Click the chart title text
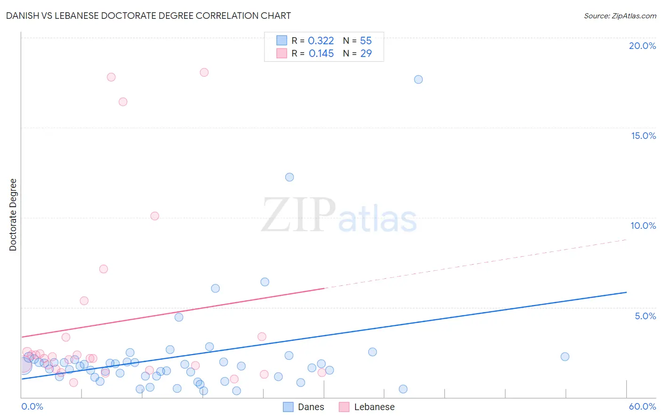(x=148, y=16)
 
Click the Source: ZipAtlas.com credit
(x=620, y=16)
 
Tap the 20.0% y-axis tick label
(x=642, y=46)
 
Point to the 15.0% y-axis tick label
(x=643, y=136)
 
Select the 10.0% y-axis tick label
(x=643, y=226)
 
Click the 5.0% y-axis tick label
(x=645, y=316)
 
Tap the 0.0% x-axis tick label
(x=32, y=406)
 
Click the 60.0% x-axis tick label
(x=642, y=406)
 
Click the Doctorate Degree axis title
(x=13, y=215)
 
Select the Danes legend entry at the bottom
(x=311, y=407)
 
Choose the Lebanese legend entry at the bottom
(x=374, y=407)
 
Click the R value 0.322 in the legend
(x=321, y=41)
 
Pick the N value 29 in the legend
(x=366, y=54)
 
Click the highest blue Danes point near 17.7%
(x=418, y=80)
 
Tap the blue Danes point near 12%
(x=290, y=177)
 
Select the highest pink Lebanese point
(x=204, y=73)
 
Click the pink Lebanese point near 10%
(x=154, y=216)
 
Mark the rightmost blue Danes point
(x=565, y=356)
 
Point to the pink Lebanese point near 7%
(x=104, y=269)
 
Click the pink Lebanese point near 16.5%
(x=123, y=102)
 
